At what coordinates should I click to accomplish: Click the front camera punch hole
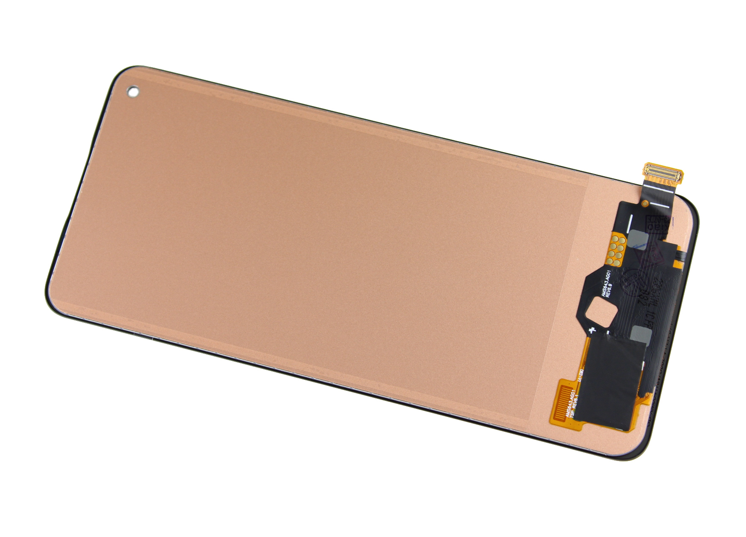tap(133, 92)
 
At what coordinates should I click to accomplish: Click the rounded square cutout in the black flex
tap(600, 312)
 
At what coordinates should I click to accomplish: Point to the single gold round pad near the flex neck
tap(645, 203)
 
